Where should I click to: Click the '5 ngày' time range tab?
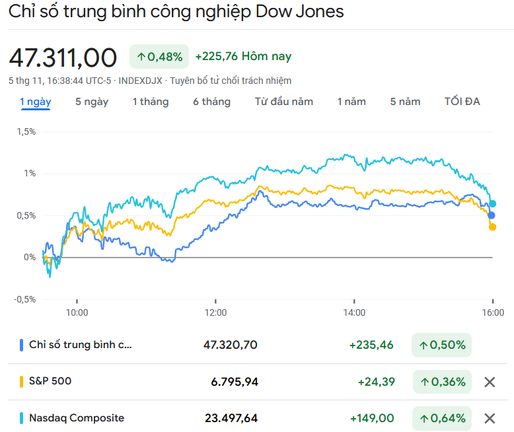[92, 102]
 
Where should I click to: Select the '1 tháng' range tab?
[151, 102]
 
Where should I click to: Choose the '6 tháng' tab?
[211, 102]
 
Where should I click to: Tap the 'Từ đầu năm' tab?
[284, 102]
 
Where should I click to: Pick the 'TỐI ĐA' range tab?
[462, 102]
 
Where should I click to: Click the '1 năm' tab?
[351, 102]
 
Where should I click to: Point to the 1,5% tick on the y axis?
[25, 131]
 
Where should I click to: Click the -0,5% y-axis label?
[24, 299]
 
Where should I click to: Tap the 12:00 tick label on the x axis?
[215, 312]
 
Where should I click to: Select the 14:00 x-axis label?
[354, 312]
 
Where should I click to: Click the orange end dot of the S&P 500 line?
[492, 227]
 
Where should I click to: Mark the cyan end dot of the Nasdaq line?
[492, 203]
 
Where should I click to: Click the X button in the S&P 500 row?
[490, 382]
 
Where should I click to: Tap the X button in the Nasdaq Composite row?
[490, 418]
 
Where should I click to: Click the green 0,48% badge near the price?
[159, 57]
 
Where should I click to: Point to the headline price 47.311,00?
[63, 57]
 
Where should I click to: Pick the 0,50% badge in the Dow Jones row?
[441, 345]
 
